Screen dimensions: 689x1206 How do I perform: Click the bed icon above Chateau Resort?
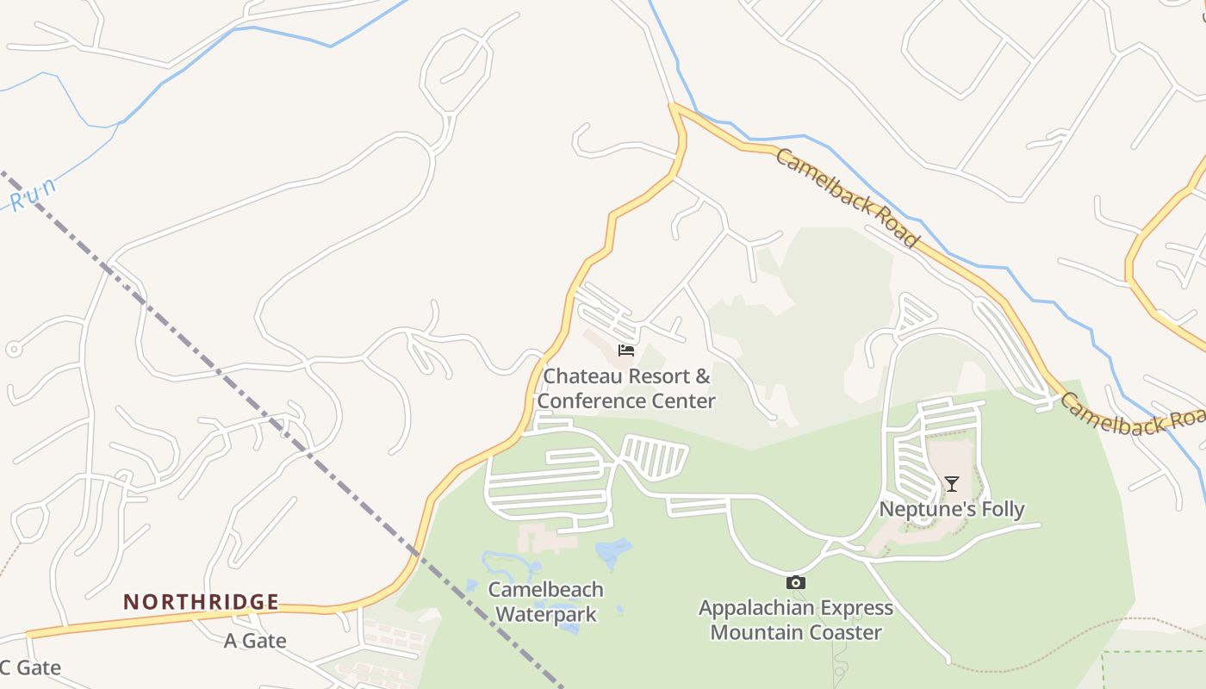(626, 350)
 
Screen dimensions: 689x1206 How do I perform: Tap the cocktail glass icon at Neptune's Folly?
(951, 484)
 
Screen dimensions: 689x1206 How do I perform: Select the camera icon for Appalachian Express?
(796, 583)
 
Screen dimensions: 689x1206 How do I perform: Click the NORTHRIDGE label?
(201, 602)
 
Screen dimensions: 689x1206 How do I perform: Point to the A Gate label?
(255, 641)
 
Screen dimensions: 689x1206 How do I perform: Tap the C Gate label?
(30, 667)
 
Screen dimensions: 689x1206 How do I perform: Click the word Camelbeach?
(545, 590)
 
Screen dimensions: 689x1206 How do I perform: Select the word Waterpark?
(546, 614)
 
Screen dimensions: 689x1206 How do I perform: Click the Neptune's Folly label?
(951, 509)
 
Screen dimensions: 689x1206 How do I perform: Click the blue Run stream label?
(34, 195)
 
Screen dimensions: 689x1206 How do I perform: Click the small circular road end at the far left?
(13, 350)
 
